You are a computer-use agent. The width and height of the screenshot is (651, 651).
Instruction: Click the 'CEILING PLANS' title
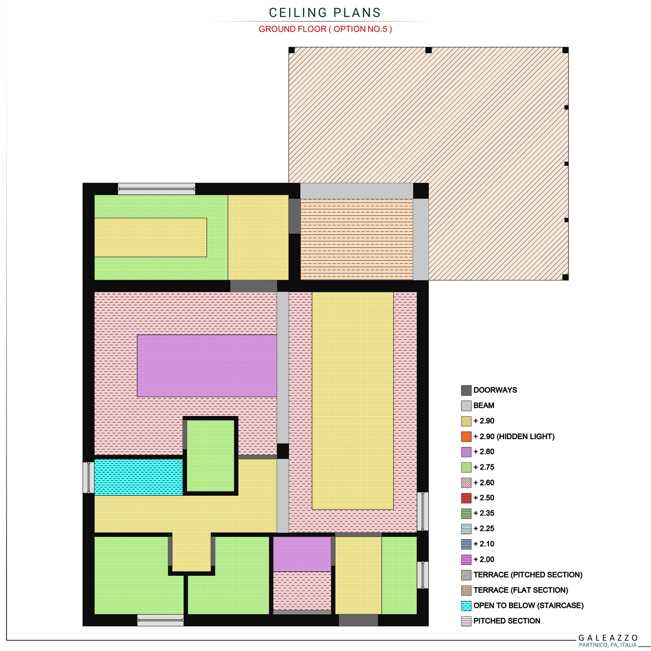coord(325,13)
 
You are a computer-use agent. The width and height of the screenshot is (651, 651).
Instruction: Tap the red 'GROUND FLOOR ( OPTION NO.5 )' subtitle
coord(325,29)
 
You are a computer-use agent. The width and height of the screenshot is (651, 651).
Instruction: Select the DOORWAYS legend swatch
coord(466,390)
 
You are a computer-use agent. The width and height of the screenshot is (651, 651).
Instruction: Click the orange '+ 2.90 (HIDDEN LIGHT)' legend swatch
coord(466,436)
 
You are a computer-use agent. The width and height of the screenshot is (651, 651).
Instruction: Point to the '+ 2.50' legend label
coord(484,498)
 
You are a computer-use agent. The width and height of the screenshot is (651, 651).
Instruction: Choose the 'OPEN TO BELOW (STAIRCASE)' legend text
coord(529,605)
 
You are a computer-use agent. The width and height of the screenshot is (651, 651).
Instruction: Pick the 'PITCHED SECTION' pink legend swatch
coord(466,621)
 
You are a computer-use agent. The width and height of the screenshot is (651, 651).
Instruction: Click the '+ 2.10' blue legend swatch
coord(466,544)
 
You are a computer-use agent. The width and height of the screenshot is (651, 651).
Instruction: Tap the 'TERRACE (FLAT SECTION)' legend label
coord(521,590)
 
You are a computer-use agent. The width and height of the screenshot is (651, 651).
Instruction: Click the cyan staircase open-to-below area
coord(138,477)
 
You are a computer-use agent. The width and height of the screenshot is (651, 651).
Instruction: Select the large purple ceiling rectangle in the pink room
coord(207,365)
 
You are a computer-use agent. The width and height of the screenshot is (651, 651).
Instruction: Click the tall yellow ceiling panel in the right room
coord(353,401)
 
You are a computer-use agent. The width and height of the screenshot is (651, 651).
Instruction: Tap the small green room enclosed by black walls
coord(210,456)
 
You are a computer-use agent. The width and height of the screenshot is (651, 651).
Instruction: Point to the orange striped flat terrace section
coord(357,240)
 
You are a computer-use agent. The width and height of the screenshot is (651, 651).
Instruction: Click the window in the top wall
coord(157,189)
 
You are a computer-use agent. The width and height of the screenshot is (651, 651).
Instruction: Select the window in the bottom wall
coord(161,620)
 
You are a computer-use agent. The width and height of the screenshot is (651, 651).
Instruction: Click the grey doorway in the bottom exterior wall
coord(358,620)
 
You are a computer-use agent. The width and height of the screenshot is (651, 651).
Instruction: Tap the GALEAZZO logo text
coord(608,638)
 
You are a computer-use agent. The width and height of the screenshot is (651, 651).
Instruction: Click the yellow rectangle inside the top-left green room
coord(151,237)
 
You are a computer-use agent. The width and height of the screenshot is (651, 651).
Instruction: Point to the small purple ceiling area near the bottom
coord(302,554)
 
